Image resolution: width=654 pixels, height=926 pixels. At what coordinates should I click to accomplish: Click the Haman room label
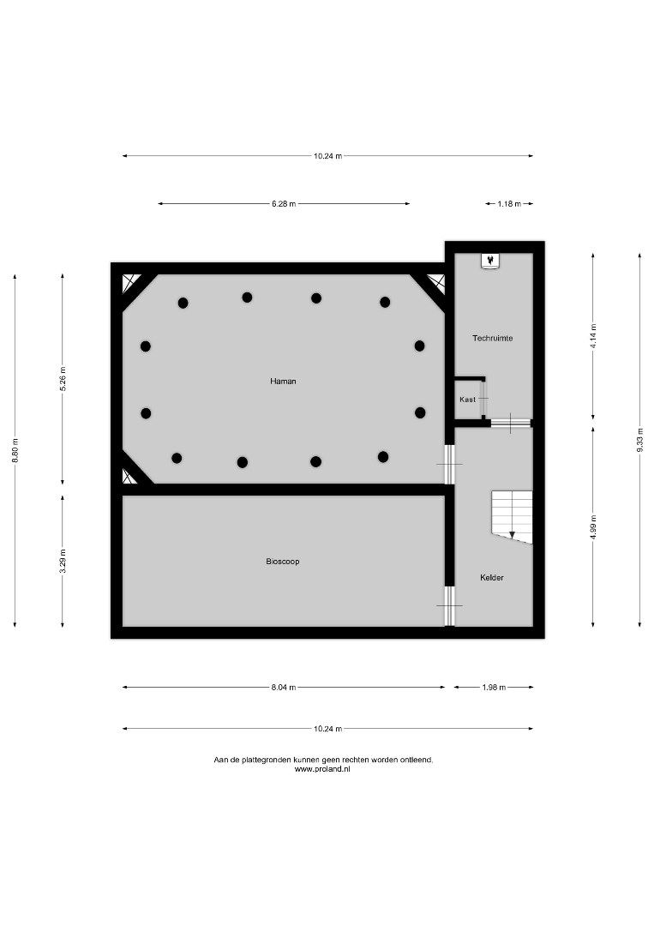point(284,382)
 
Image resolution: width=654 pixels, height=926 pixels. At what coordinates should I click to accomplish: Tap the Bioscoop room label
point(283,562)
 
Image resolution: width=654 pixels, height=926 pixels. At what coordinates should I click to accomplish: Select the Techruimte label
point(492,339)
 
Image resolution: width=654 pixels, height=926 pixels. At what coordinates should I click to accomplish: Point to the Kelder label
point(492,578)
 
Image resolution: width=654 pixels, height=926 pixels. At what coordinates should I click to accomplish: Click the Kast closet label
point(467,400)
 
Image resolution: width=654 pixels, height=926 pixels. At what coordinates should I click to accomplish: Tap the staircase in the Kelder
point(513,517)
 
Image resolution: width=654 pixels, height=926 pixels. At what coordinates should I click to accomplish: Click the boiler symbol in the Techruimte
point(490,261)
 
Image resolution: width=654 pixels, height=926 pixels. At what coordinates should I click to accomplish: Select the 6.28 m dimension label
point(284,204)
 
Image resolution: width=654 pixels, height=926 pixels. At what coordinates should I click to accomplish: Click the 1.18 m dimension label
point(509,204)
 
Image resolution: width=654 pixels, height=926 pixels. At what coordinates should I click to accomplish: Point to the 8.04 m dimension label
point(284,688)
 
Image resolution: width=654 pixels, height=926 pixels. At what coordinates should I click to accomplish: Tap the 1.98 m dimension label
point(494,688)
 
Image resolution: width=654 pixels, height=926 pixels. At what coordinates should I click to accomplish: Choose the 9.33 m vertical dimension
point(639,440)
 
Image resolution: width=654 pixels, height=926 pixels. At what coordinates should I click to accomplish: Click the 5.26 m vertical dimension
point(63,379)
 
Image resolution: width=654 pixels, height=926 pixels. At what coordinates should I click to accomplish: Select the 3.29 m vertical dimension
point(63,561)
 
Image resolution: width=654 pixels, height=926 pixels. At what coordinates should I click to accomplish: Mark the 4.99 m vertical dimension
point(593,526)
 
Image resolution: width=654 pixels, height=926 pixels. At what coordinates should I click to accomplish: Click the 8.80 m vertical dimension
point(15,451)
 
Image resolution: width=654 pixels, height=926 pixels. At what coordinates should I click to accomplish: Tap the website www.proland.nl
point(322,769)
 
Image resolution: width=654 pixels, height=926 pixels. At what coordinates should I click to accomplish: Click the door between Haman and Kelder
point(450,464)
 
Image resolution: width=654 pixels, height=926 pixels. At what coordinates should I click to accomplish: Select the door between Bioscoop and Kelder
point(450,606)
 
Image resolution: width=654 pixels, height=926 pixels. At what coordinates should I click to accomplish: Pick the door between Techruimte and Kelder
point(511,423)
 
